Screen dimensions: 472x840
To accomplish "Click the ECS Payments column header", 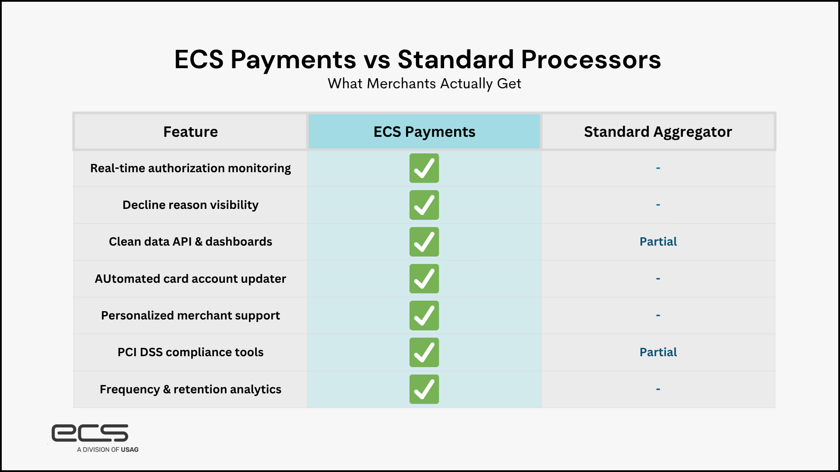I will (424, 132).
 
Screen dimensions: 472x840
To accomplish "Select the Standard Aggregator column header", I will (658, 132).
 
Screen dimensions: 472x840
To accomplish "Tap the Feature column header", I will (190, 132).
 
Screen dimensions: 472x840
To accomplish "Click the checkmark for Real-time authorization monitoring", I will (424, 168).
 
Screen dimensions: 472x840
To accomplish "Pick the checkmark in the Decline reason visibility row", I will (424, 205).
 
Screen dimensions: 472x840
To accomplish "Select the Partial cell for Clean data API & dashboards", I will (658, 242).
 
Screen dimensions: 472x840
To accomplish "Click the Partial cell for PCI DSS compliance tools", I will (658, 352).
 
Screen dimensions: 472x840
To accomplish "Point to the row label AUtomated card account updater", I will (190, 279).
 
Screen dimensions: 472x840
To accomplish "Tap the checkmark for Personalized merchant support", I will (424, 316).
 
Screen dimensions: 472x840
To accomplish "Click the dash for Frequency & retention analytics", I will (658, 389).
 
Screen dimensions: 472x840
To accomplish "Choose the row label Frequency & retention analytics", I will (190, 389).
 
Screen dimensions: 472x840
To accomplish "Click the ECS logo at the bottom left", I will (90, 433).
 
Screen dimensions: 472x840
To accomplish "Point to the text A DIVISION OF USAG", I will (108, 449).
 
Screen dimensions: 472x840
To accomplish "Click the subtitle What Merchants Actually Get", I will (424, 83).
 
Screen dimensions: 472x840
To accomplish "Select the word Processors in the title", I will (591, 59).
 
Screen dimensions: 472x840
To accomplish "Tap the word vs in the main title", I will (377, 59).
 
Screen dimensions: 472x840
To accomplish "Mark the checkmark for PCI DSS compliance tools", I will (424, 352).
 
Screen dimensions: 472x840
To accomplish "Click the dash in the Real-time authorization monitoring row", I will (658, 168).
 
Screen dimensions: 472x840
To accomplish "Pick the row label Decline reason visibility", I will (190, 205).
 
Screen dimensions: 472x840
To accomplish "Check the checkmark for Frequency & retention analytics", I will (424, 389).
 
